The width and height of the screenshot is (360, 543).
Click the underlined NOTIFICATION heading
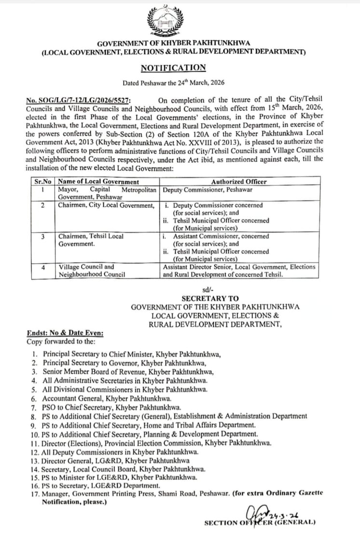[x=173, y=68]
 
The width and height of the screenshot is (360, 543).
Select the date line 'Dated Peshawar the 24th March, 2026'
[x=173, y=83]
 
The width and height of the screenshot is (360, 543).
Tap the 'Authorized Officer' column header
[x=238, y=182]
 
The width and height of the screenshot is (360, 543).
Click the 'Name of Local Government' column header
[x=98, y=182]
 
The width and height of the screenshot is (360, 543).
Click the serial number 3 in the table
[x=43, y=236]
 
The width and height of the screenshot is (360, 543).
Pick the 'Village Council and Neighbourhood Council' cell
[x=92, y=271]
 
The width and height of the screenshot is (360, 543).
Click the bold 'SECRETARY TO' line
[x=210, y=299]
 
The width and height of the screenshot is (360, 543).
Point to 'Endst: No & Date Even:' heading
[x=65, y=333]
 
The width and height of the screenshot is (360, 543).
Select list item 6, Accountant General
[x=107, y=399]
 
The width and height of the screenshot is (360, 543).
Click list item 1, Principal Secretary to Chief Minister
[x=132, y=353]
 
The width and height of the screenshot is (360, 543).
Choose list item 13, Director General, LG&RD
[x=116, y=460]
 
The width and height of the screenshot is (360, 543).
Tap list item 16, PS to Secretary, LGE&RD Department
[x=101, y=486]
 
